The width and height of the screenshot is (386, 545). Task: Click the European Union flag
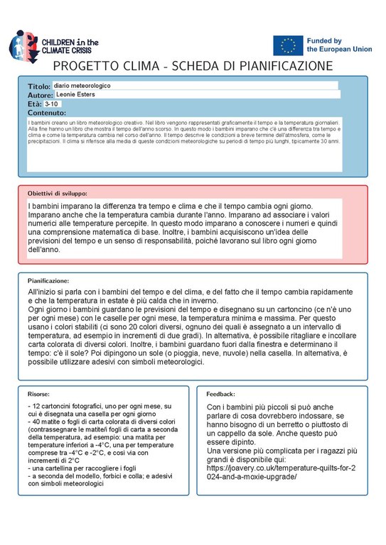288,45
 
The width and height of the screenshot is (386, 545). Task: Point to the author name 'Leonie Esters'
77,94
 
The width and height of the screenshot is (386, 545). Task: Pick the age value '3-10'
53,104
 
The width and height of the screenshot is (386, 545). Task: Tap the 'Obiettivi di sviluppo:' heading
58,193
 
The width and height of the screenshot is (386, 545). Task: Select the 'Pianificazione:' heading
48,281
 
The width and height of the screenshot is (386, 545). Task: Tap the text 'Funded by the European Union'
333,46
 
